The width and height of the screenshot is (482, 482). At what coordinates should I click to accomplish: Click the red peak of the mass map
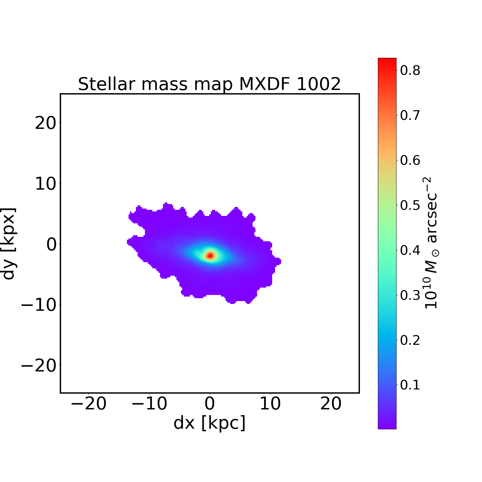click(x=210, y=255)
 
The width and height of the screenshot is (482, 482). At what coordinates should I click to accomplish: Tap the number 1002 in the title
click(x=318, y=84)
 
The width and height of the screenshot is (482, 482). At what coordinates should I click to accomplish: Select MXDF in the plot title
click(x=264, y=84)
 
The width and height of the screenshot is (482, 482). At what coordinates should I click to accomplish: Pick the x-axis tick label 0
click(x=210, y=404)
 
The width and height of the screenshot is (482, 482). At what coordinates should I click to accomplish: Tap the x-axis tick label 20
click(x=331, y=404)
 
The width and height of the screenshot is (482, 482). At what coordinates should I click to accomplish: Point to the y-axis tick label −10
click(x=39, y=305)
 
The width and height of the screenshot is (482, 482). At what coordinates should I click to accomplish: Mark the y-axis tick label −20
click(x=39, y=366)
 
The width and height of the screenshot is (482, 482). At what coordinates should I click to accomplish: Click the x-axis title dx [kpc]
click(x=210, y=423)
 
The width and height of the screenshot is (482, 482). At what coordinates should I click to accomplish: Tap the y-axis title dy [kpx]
click(x=9, y=243)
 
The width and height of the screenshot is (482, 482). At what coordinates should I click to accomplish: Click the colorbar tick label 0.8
click(x=410, y=70)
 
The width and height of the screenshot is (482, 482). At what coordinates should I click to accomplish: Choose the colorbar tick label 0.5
click(x=410, y=205)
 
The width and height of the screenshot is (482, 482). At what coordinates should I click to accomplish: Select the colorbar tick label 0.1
click(x=410, y=385)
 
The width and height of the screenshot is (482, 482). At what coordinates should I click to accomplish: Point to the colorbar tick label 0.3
click(x=410, y=295)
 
